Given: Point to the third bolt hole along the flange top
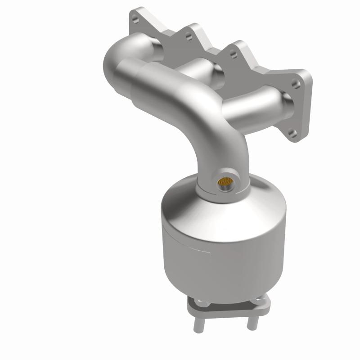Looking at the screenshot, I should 233,54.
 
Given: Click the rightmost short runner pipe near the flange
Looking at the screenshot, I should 256,106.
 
